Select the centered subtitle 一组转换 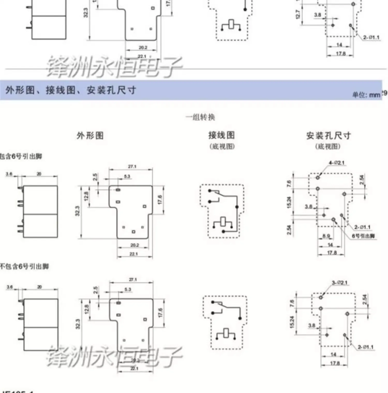[200, 117]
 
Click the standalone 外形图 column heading [90, 135]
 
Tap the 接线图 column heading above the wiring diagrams [222, 135]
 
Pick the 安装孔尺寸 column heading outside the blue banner [328, 135]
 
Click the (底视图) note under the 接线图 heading [222, 146]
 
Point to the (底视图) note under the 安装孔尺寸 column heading [328, 146]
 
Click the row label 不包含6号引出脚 [24, 267]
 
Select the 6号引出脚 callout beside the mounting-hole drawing [363, 236]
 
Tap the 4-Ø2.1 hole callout [336, 163]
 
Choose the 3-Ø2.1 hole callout [340, 282]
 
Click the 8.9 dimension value [326, 236]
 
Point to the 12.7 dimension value [298, 14]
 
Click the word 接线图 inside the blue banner [61, 90]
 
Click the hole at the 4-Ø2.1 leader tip [318, 177]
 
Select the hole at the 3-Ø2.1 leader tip [321, 297]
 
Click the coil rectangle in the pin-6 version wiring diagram [223, 222]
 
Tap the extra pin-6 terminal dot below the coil [223, 231]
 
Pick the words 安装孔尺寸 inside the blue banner [111, 90]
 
